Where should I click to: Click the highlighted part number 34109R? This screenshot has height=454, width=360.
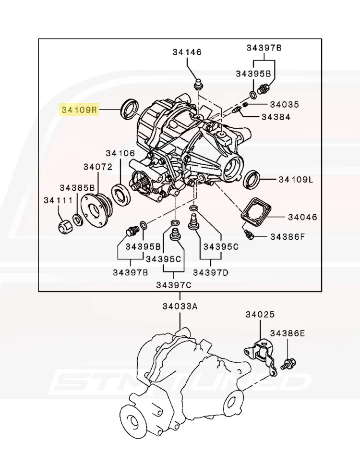click(x=79, y=110)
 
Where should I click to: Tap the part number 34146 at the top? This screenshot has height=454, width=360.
click(x=187, y=52)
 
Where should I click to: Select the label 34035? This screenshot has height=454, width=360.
click(x=284, y=104)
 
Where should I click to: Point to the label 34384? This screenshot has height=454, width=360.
click(x=276, y=117)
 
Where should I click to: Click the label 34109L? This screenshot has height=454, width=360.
click(x=296, y=180)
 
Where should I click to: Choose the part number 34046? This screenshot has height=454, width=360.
click(x=302, y=217)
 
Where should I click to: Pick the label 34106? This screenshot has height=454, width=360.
click(x=120, y=153)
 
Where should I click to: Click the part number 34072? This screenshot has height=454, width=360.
click(x=98, y=167)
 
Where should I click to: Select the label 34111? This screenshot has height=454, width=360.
click(x=58, y=200)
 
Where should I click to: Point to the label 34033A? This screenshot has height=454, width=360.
click(x=180, y=306)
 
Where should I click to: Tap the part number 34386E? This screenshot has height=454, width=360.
click(x=287, y=333)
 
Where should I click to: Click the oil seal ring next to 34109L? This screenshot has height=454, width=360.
click(x=253, y=180)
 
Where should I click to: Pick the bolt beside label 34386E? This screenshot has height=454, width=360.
click(x=290, y=363)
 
